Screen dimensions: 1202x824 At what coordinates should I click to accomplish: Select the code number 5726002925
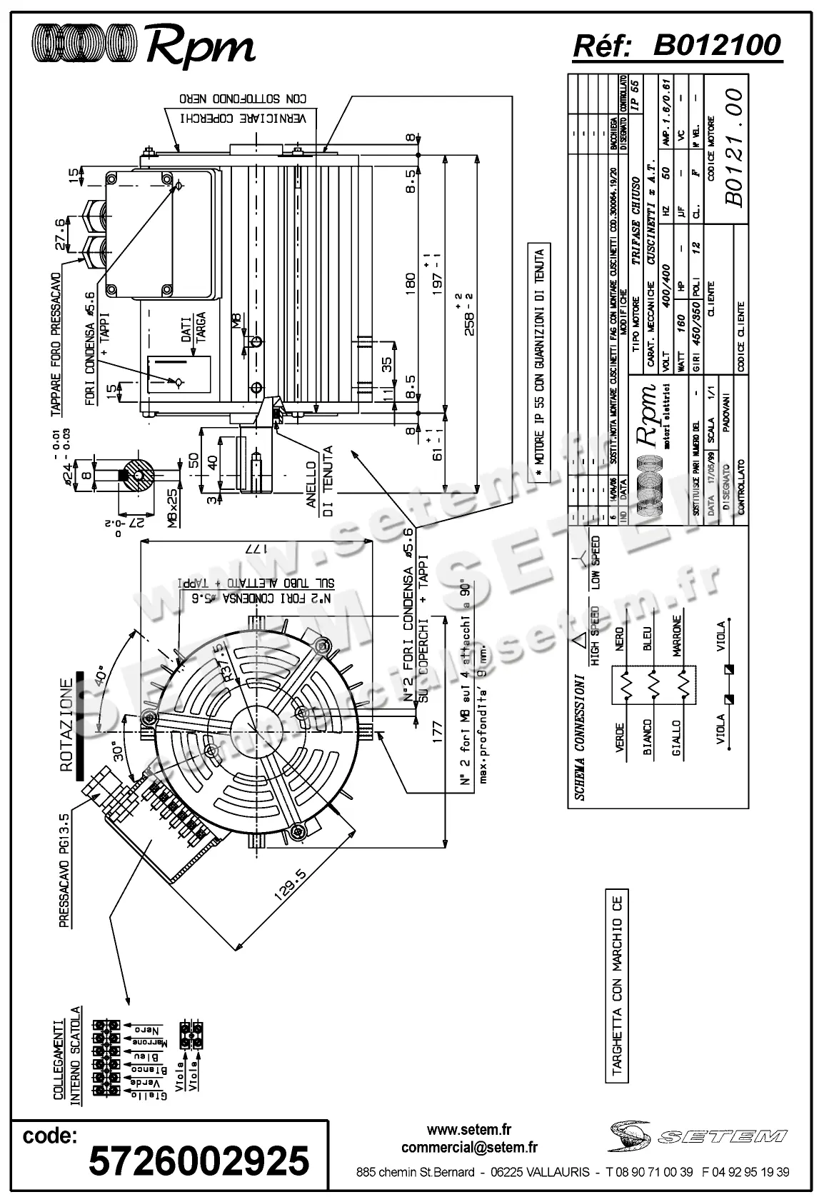pyautogui.click(x=199, y=1160)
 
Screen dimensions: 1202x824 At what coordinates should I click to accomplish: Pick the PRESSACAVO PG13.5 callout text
pyautogui.click(x=64, y=871)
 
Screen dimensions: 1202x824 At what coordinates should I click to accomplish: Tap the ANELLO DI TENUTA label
pyautogui.click(x=319, y=477)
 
